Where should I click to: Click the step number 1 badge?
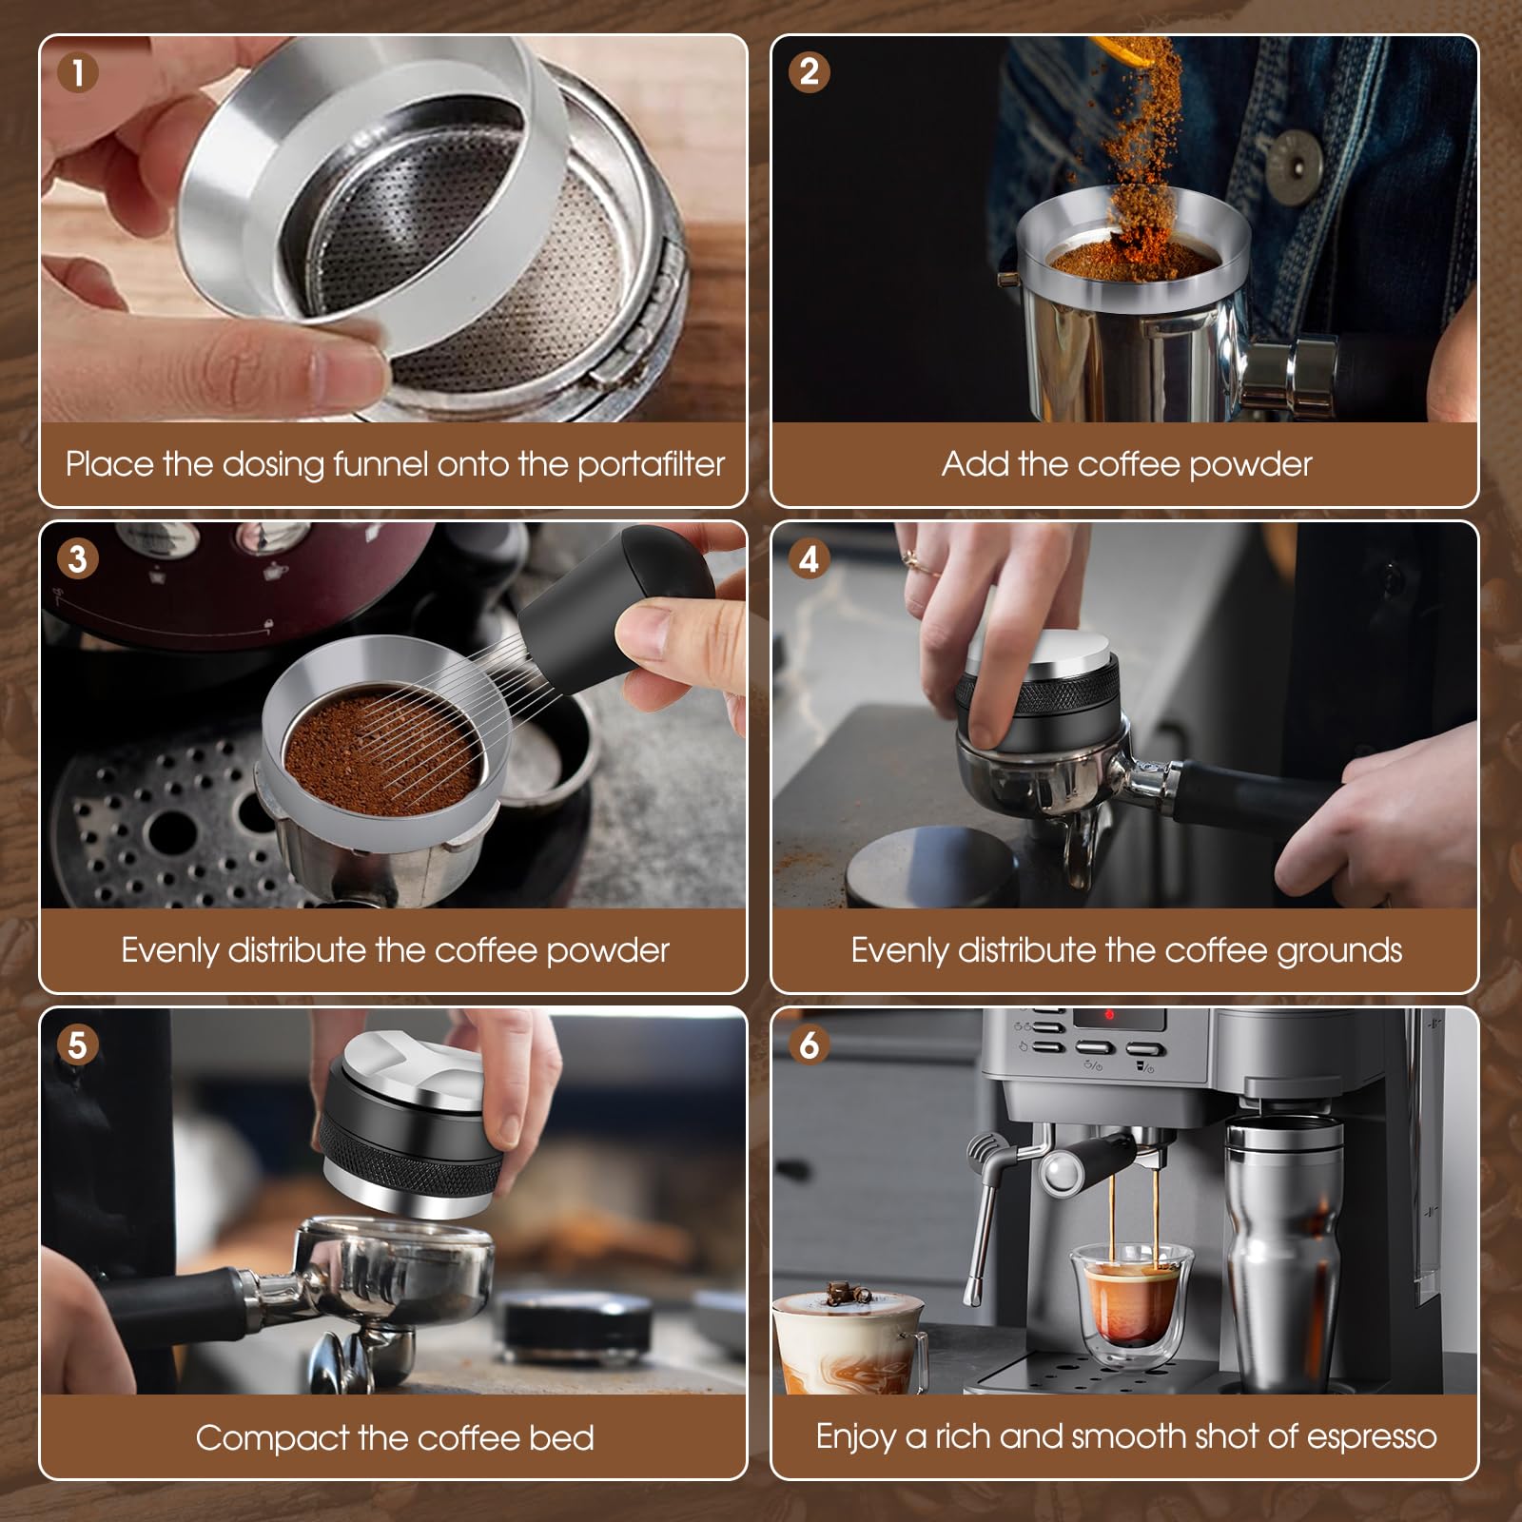tap(78, 72)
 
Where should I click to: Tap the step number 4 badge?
tap(810, 558)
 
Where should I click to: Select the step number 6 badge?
tap(810, 1044)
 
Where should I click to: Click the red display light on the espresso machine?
tap(1108, 1015)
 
